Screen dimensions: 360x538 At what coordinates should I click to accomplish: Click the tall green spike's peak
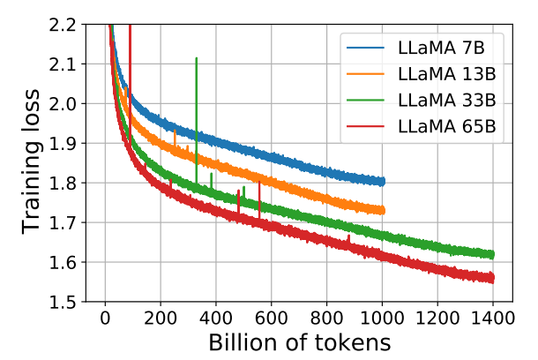pos(196,58)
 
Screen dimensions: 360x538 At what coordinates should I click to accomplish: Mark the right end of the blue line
pos(382,181)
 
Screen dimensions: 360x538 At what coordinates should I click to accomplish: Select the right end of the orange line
pos(382,210)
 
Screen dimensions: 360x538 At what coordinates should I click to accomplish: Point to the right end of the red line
pos(492,277)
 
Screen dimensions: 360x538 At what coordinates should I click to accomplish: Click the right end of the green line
pos(492,254)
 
